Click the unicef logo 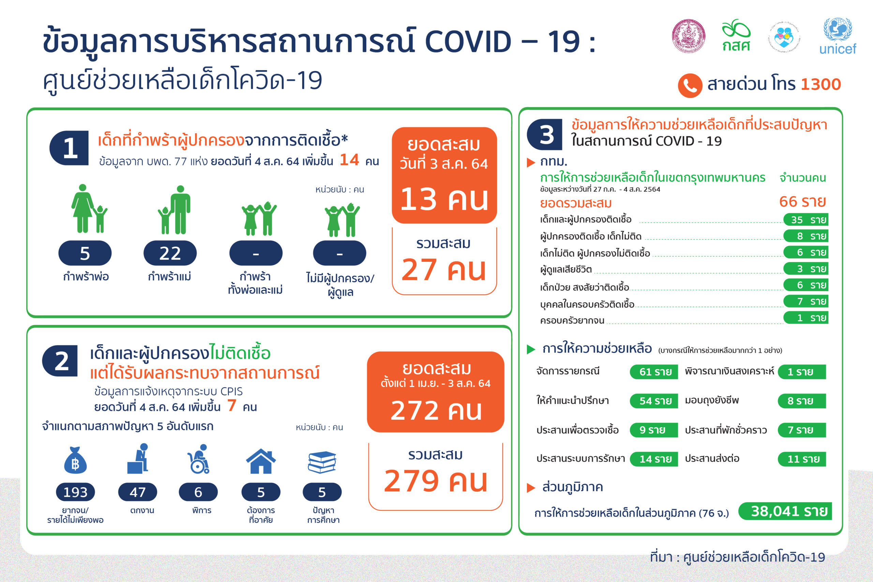(x=838, y=36)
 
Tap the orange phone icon (x=690, y=86)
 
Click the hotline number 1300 (x=821, y=84)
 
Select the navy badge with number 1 (x=69, y=148)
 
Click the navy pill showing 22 (x=170, y=253)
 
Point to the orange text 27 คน (x=444, y=269)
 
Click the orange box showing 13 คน (x=444, y=175)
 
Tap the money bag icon (x=75, y=460)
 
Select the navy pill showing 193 (x=75, y=492)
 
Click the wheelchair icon (x=198, y=459)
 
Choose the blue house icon (x=261, y=461)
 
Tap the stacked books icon (x=322, y=462)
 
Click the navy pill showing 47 (x=138, y=492)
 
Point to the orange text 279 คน (x=435, y=481)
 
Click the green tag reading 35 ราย (x=806, y=220)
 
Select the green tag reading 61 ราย (x=654, y=372)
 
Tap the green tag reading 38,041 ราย (x=785, y=511)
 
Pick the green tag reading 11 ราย (x=802, y=459)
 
